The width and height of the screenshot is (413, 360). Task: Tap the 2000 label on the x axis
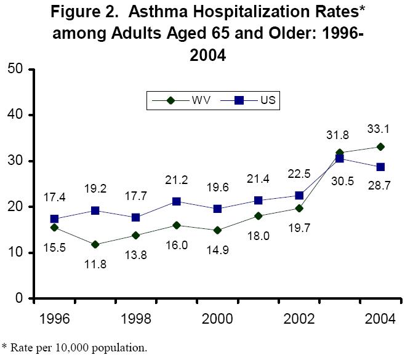point(217,321)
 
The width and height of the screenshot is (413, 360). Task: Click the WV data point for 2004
point(381,146)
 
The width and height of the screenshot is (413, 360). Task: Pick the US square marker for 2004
point(381,167)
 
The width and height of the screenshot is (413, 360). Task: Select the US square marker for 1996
point(54,219)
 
